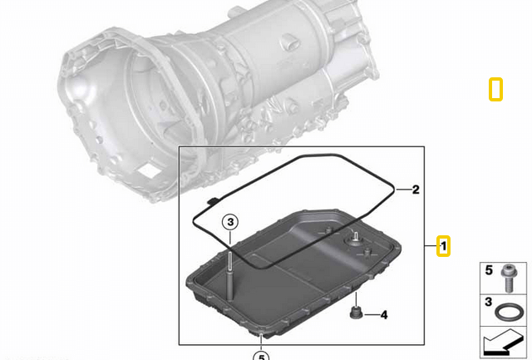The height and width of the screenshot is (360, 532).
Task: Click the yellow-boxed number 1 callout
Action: (x=444, y=247)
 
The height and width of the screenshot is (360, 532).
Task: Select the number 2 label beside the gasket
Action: (x=416, y=190)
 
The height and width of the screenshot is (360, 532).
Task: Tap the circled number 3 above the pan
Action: (x=230, y=222)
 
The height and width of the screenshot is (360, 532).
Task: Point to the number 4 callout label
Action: (x=384, y=315)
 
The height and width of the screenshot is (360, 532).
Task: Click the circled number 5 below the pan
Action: (x=261, y=356)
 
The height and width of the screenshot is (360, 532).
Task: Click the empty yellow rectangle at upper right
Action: (x=495, y=89)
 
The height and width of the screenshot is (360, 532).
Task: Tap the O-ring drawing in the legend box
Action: (x=508, y=313)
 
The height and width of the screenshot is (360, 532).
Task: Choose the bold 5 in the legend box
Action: (x=489, y=270)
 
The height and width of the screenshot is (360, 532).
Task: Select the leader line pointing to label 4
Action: (x=371, y=315)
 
